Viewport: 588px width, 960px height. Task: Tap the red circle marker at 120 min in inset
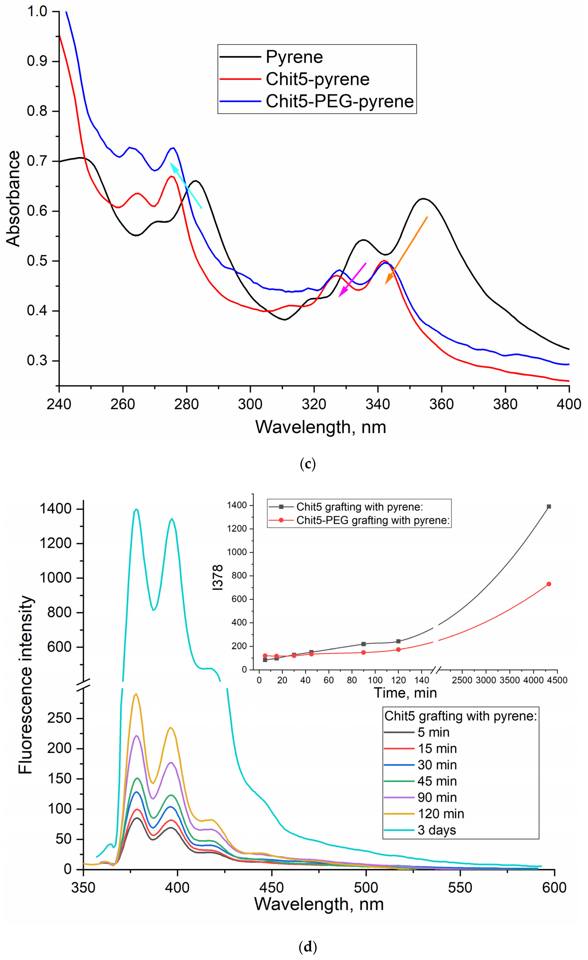coord(398,650)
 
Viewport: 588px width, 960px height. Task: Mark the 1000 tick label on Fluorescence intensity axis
coord(56,578)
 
